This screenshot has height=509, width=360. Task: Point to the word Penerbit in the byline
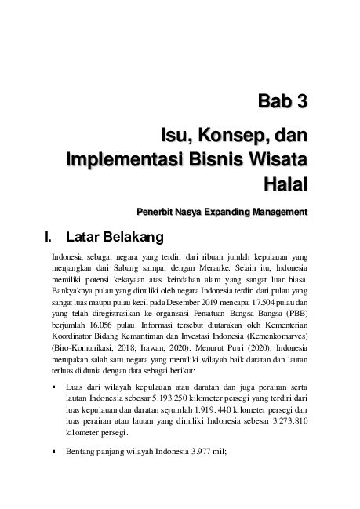pyautogui.click(x=158, y=211)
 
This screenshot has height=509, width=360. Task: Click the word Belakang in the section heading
pyautogui.click(x=131, y=235)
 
